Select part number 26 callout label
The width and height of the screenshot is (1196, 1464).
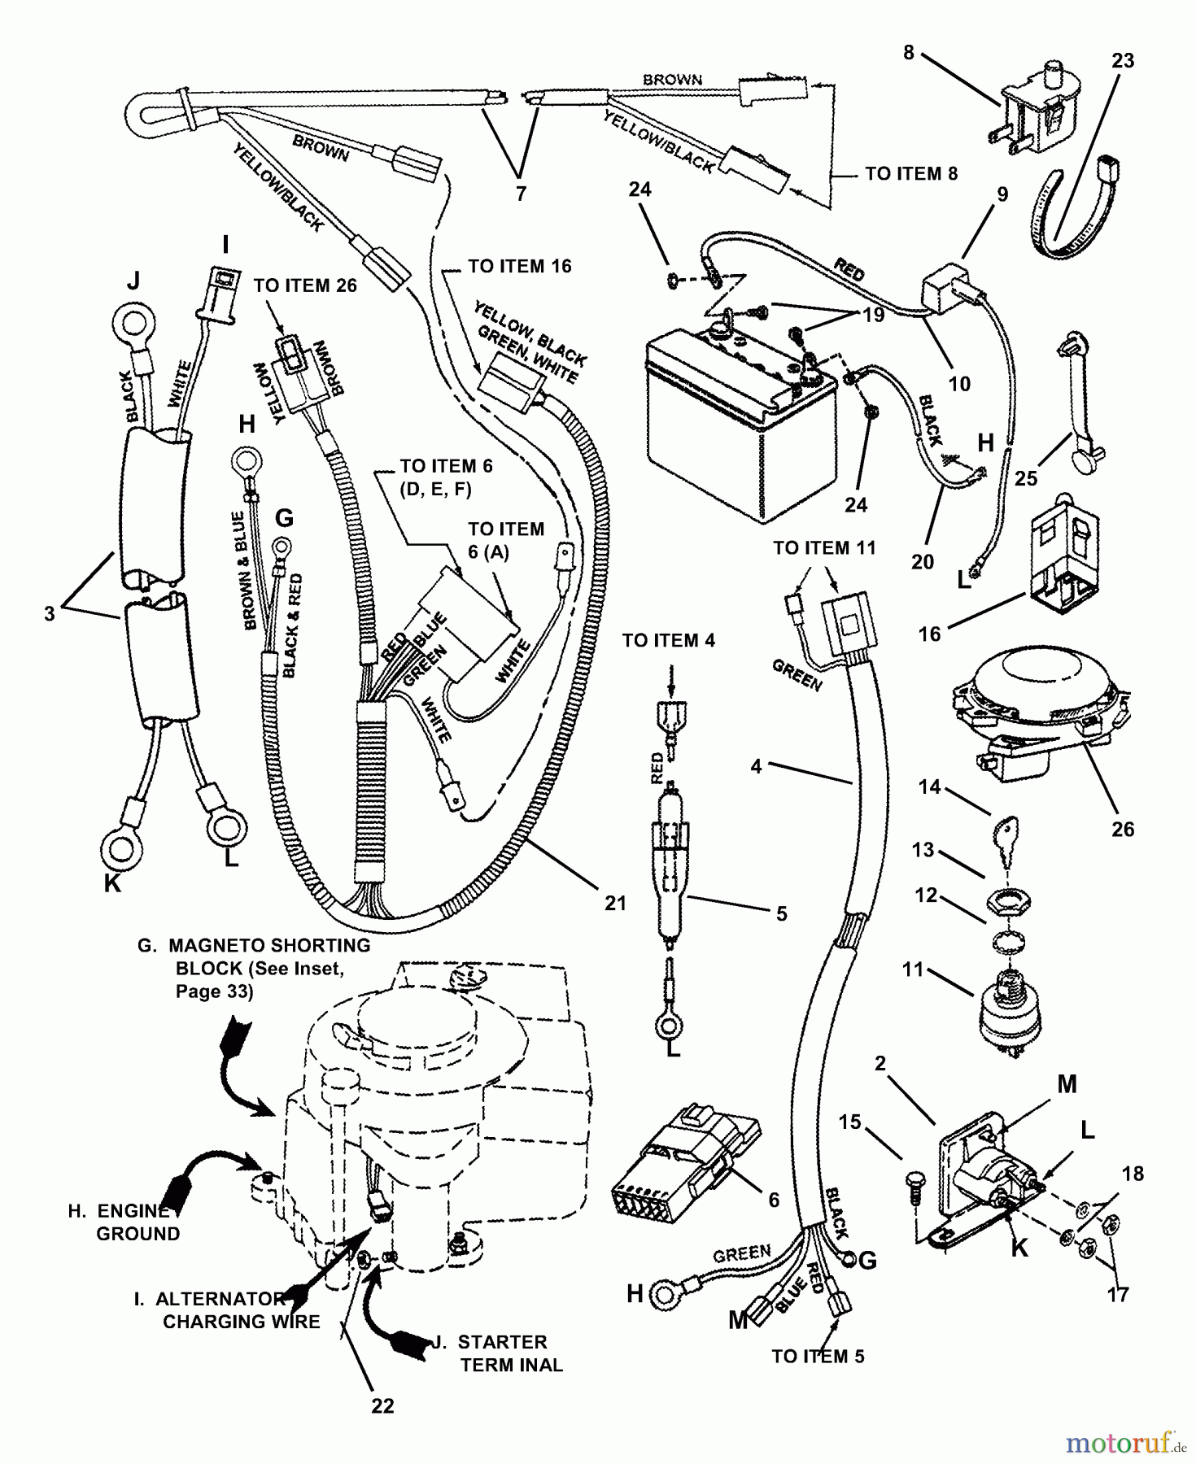click(x=1122, y=829)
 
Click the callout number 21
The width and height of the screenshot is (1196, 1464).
click(x=616, y=902)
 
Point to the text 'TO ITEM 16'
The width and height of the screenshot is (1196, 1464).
click(x=520, y=266)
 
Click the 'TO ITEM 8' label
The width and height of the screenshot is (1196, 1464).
click(x=911, y=173)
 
